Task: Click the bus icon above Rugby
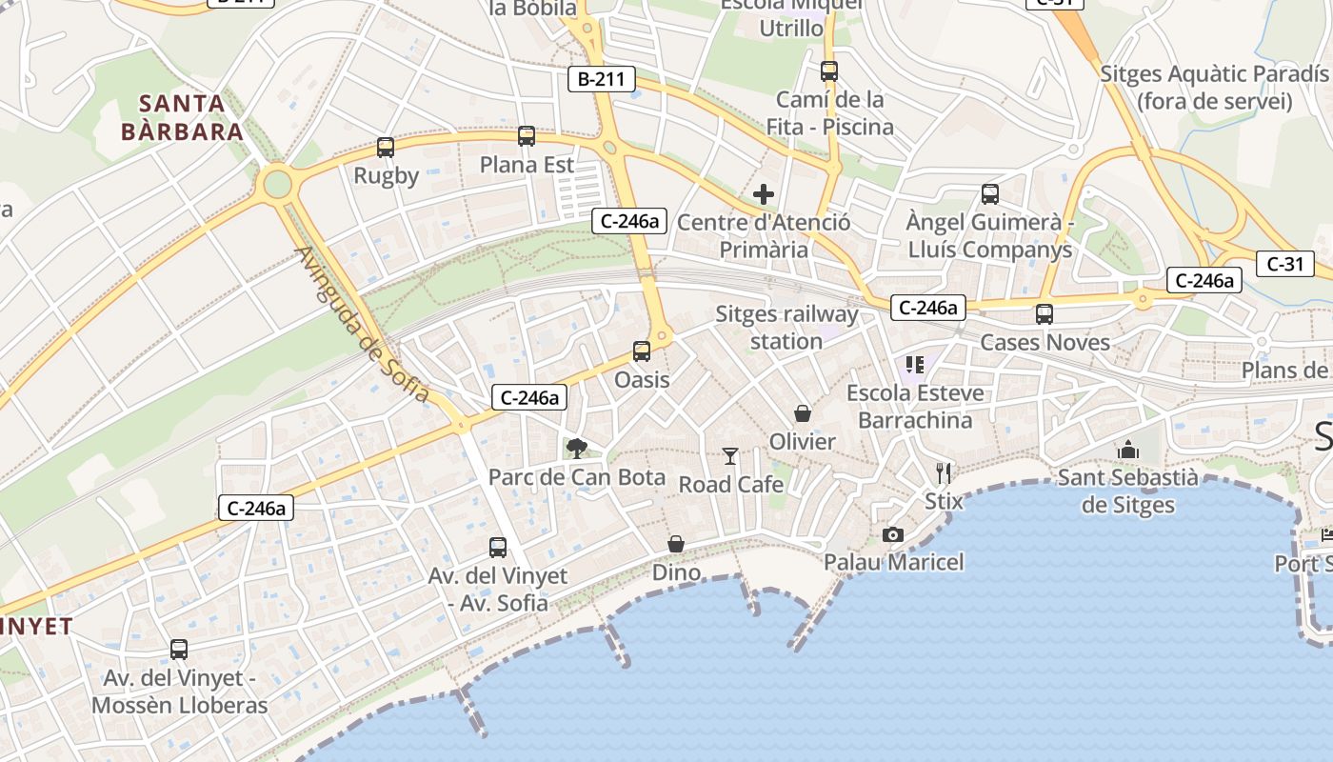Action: tap(385, 148)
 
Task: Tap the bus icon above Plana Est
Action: tap(527, 136)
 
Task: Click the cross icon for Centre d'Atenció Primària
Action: tap(764, 195)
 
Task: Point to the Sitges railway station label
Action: tap(786, 327)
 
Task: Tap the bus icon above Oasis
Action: tap(642, 351)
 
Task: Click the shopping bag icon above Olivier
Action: tap(803, 413)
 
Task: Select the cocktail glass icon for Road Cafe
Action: tap(730, 456)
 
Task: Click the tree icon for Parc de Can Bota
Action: tap(576, 449)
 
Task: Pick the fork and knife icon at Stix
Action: tap(944, 472)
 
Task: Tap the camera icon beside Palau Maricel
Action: tap(892, 534)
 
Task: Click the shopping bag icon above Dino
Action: tap(676, 544)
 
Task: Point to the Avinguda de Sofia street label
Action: tap(362, 324)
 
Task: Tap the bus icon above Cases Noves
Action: tap(1045, 314)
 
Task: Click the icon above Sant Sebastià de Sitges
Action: tap(1128, 449)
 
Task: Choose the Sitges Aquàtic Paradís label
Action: tap(1214, 87)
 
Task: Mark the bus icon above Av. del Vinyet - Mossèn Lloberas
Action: tap(179, 650)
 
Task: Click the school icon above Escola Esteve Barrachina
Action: tap(915, 364)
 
